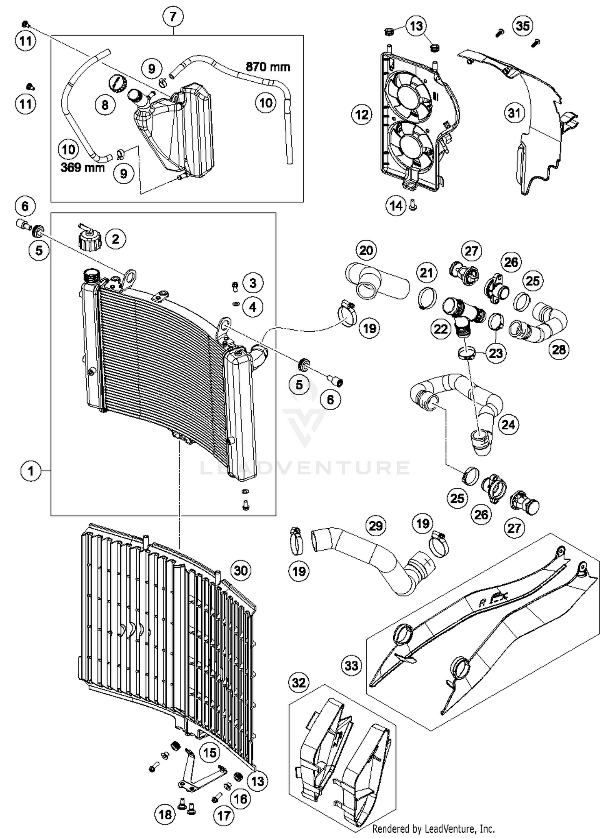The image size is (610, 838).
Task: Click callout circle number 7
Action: (x=173, y=17)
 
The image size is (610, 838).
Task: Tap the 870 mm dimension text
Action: (x=268, y=67)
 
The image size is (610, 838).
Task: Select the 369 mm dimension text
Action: (x=83, y=167)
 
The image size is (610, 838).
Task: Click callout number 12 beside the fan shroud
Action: (x=362, y=115)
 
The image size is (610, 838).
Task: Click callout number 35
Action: (x=523, y=26)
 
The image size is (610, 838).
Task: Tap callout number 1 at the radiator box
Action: (x=30, y=471)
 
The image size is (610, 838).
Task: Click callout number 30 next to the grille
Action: (x=241, y=571)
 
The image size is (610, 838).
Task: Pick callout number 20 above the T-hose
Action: (x=366, y=250)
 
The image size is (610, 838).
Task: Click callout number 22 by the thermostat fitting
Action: (x=441, y=329)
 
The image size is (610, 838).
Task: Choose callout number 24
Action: (x=508, y=425)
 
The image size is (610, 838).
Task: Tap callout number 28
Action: (x=559, y=349)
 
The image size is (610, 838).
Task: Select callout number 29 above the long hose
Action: (x=375, y=526)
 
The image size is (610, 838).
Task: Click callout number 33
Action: (x=351, y=666)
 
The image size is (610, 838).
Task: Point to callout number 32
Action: (x=299, y=683)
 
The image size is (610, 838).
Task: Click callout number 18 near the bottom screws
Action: (x=165, y=814)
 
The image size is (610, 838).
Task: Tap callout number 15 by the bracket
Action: (x=210, y=753)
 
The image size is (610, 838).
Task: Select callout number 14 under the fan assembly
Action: (x=396, y=206)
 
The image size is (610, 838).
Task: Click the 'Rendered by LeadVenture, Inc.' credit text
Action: (x=433, y=828)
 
